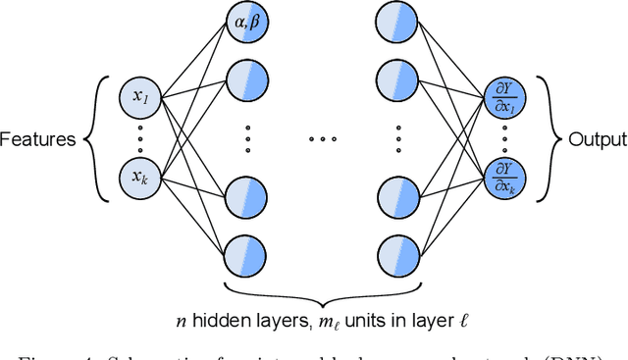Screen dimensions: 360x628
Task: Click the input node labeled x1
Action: [137, 97]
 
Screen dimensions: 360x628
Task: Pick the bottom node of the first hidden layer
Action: [243, 257]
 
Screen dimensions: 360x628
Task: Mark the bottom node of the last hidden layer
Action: [400, 257]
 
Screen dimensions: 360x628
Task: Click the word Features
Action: [38, 139]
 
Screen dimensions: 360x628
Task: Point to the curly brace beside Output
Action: [551, 139]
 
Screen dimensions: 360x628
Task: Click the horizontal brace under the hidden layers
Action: [322, 291]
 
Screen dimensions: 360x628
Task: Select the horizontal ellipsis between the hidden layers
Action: [322, 139]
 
